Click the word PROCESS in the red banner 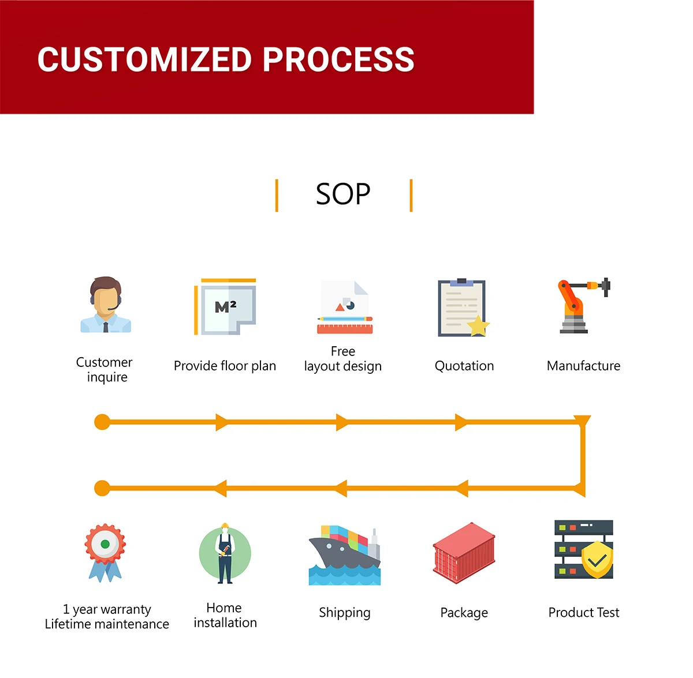pyautogui.click(x=338, y=59)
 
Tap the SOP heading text pyautogui.click(x=342, y=194)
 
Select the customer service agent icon pyautogui.click(x=105, y=304)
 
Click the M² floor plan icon pyautogui.click(x=225, y=306)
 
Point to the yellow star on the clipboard pyautogui.click(x=478, y=325)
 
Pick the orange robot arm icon pyautogui.click(x=584, y=306)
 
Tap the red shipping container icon pyautogui.click(x=464, y=553)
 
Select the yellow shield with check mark pyautogui.click(x=597, y=559)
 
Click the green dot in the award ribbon pyautogui.click(x=105, y=544)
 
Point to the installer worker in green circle pyautogui.click(x=225, y=553)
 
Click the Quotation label pyautogui.click(x=464, y=366)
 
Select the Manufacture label pyautogui.click(x=583, y=366)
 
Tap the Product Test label pyautogui.click(x=584, y=612)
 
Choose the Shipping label pyautogui.click(x=345, y=613)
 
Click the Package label pyautogui.click(x=464, y=613)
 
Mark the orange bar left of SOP pyautogui.click(x=277, y=196)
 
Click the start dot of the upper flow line pyautogui.click(x=102, y=422)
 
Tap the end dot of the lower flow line pyautogui.click(x=102, y=488)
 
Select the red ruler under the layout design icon pyautogui.click(x=345, y=329)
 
